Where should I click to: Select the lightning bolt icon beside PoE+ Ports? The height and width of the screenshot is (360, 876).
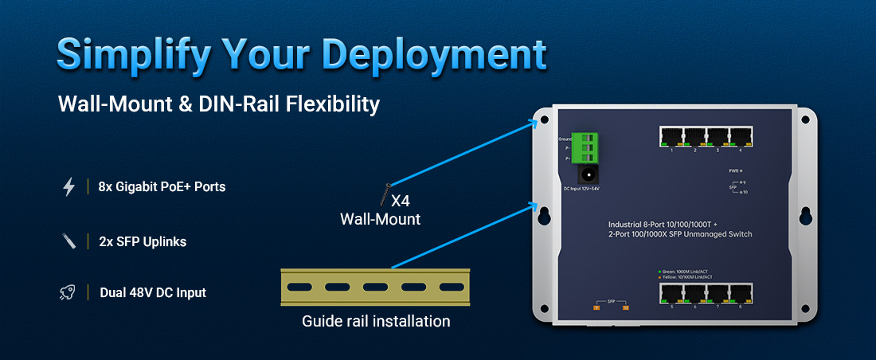click(69, 187)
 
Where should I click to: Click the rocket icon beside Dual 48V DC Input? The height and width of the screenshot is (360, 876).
click(68, 292)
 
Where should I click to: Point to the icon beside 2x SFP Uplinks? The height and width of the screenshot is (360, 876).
click(68, 241)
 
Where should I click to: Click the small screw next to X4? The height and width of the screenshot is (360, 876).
click(385, 193)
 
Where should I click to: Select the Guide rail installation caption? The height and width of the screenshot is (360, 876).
click(376, 322)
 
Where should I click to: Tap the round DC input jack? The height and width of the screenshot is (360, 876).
click(589, 175)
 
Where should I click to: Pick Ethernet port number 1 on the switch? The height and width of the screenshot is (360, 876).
click(672, 137)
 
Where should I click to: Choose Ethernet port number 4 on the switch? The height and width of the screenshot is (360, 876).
click(741, 137)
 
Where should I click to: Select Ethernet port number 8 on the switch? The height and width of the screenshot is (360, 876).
click(741, 293)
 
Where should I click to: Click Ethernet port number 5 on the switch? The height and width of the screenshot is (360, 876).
click(672, 293)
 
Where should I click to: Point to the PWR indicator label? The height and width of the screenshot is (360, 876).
click(734, 170)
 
